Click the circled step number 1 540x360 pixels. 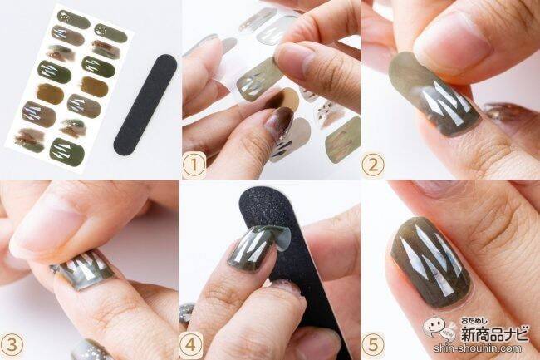coord(194,165)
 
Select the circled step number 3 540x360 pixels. coord(12,344)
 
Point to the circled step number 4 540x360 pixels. coord(190,344)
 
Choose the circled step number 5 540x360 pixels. coord(373,344)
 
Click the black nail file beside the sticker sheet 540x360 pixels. coord(145,104)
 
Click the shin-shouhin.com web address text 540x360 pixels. coord(478,348)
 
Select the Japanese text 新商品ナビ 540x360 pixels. coord(494,333)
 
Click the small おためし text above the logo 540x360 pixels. coord(474,321)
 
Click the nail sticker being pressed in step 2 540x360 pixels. coord(434,94)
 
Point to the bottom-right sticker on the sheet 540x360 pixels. coord(67,150)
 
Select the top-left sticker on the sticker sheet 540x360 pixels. coord(73,19)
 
